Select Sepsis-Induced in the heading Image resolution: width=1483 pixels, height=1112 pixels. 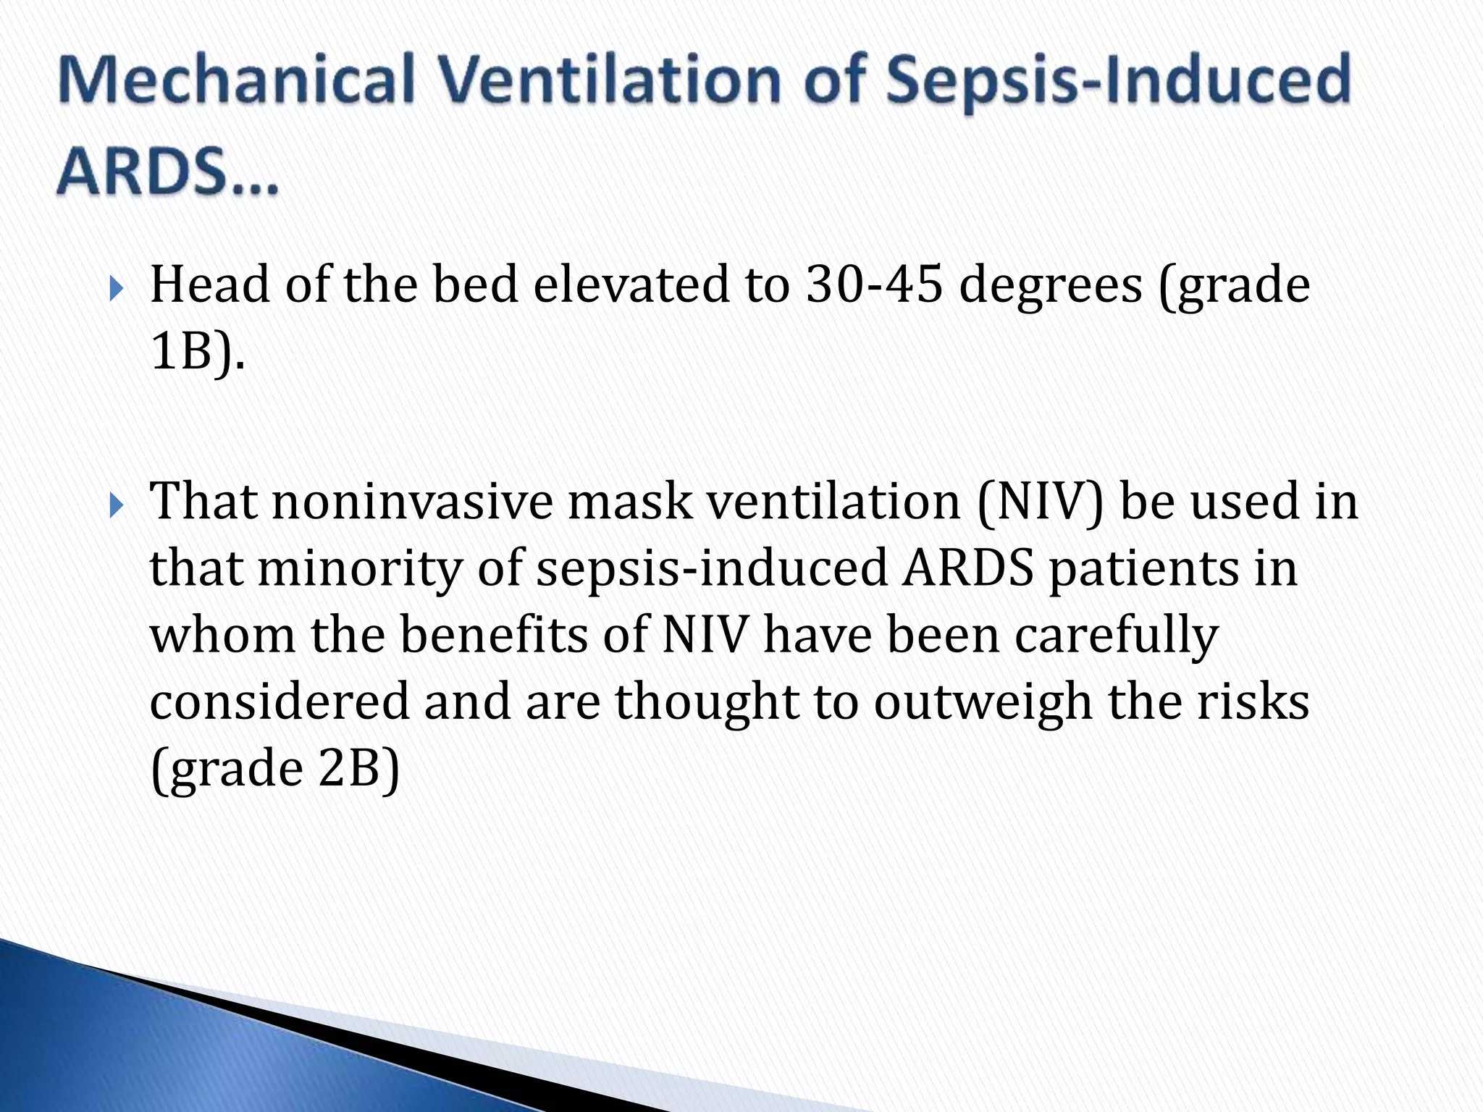(x=1119, y=81)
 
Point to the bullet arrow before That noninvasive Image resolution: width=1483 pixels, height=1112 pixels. (x=118, y=505)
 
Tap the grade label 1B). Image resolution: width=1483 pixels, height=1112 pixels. (x=197, y=353)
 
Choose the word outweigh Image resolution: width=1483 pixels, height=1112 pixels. (x=983, y=703)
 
